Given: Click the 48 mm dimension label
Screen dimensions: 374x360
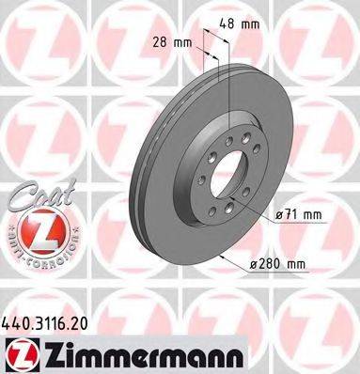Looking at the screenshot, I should point(247,24).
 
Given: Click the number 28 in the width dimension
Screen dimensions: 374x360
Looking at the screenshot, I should point(162,41).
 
